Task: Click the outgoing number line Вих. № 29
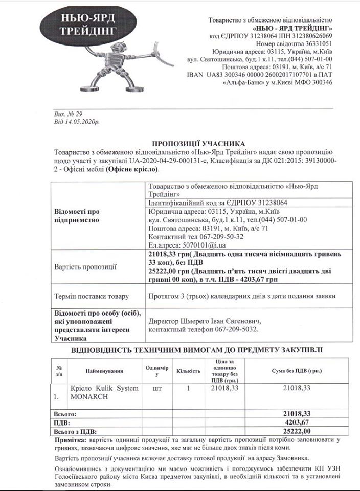[x=65, y=115]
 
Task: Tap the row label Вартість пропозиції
[x=85, y=266]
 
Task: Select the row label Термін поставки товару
[x=91, y=296]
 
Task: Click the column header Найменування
[x=105, y=370]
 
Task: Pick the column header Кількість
[x=188, y=370]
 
